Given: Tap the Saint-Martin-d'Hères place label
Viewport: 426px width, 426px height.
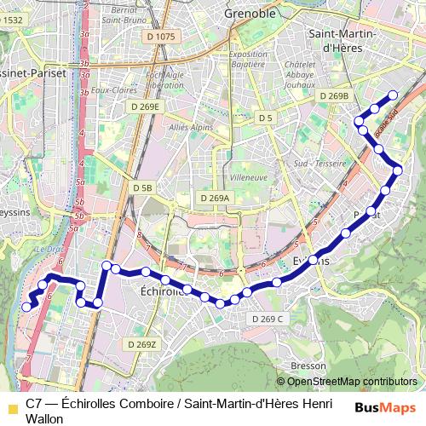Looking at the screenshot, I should pyautogui.click(x=338, y=40).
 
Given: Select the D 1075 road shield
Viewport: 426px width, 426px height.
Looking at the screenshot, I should pyautogui.click(x=160, y=36).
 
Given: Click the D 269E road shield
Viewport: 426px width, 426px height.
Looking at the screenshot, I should pyautogui.click(x=145, y=106).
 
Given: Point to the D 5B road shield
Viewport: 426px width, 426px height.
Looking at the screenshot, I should pyautogui.click(x=142, y=187).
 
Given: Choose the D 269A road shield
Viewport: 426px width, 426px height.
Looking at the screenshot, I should pyautogui.click(x=214, y=198).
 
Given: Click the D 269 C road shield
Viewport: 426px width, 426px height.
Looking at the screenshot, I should pyautogui.click(x=267, y=319).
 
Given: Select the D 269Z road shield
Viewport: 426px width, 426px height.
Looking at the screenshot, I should pyautogui.click(x=141, y=344).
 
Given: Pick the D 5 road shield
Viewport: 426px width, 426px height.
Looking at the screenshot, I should pyautogui.click(x=266, y=118).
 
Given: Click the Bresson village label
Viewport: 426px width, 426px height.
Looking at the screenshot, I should pyautogui.click(x=302, y=366).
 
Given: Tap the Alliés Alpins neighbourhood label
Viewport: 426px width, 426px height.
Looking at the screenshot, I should pyautogui.click(x=191, y=127).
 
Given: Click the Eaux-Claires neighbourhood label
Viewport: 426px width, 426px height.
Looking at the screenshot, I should pyautogui.click(x=113, y=89).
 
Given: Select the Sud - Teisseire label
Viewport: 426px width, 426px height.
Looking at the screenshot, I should pyautogui.click(x=319, y=163).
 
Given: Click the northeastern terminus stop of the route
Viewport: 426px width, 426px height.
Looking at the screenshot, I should pyautogui.click(x=393, y=95).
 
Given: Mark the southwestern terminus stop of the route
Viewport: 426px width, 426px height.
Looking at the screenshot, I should pyautogui.click(x=26, y=307).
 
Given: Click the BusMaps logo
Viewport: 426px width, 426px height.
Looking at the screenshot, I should pyautogui.click(x=386, y=407).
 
